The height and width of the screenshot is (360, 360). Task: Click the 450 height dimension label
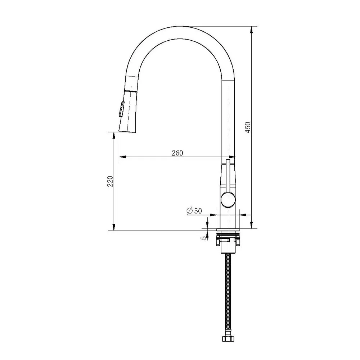pyautogui.click(x=248, y=127)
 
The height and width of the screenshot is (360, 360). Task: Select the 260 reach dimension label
pyautogui.click(x=177, y=153)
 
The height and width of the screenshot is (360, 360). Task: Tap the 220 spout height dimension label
pyautogui.click(x=111, y=181)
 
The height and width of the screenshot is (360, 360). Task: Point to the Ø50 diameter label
pyautogui.click(x=194, y=211)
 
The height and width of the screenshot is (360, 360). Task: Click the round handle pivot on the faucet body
pyautogui.click(x=228, y=199)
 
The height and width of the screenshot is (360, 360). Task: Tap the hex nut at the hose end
pyautogui.click(x=228, y=338)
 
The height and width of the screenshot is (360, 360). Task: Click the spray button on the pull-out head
pyautogui.click(x=121, y=109)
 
